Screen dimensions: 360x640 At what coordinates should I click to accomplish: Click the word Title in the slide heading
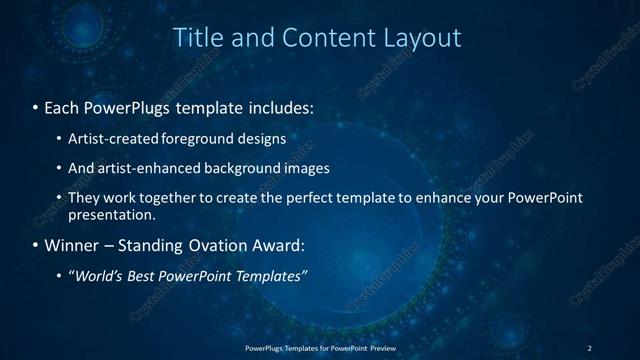pos(198,38)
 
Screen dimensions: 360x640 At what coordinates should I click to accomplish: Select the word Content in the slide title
pos(322,38)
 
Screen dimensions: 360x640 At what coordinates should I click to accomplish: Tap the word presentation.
pos(111,215)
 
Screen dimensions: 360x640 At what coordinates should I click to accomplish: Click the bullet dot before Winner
pos(36,245)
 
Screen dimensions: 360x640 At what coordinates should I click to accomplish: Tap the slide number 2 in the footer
pos(589,347)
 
